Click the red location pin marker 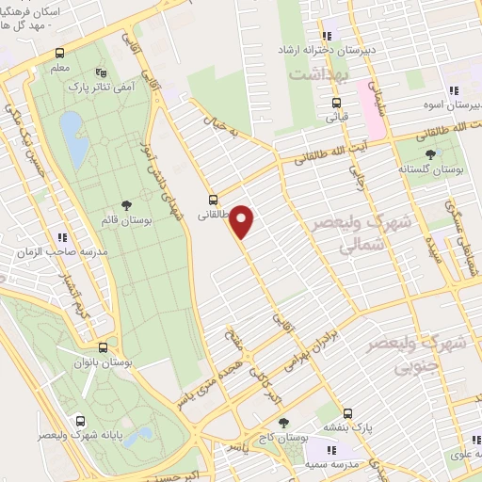click(x=243, y=221)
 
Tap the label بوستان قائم click(x=127, y=219)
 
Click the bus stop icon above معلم click(x=60, y=53)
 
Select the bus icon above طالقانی click(x=214, y=200)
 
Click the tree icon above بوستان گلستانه click(x=431, y=153)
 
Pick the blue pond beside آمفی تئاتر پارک click(x=71, y=128)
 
